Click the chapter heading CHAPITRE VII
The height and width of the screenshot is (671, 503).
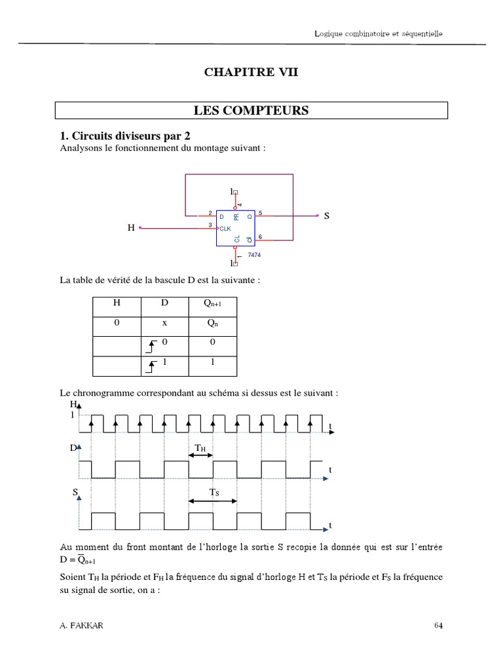(251, 72)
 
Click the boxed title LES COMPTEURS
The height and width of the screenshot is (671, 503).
(251, 110)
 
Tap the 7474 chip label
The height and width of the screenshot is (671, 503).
(254, 254)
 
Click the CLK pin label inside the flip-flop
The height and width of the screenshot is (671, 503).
(225, 228)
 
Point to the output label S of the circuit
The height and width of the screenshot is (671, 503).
(326, 216)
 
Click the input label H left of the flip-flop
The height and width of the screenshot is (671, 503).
(131, 228)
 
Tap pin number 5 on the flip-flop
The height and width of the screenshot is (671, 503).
(260, 213)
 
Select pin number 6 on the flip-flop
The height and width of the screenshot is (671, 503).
(260, 236)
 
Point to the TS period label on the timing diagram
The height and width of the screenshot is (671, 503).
(214, 492)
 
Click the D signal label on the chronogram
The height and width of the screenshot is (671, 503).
(73, 448)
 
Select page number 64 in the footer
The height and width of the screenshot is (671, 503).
(439, 625)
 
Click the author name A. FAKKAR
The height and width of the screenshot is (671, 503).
(81, 625)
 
